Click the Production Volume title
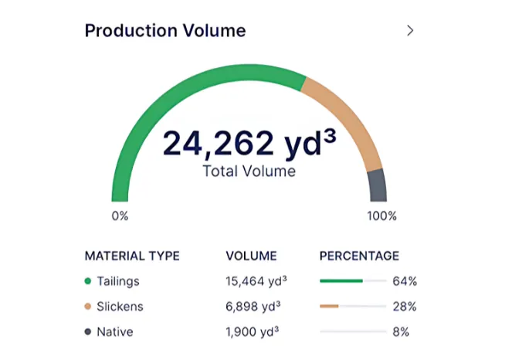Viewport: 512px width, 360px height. (x=164, y=31)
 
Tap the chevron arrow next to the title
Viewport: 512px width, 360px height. (x=410, y=31)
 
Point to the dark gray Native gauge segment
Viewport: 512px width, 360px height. (x=376, y=187)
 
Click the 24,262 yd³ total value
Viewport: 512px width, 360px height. (x=249, y=144)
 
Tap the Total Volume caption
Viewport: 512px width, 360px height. (x=249, y=172)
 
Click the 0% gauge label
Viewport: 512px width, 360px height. (x=120, y=216)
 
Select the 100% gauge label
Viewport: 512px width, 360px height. (x=381, y=216)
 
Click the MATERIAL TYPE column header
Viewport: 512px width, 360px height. (x=132, y=256)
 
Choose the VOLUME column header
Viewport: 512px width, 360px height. (x=251, y=256)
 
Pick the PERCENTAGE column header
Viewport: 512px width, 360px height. (x=359, y=256)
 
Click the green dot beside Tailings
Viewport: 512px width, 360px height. (x=88, y=281)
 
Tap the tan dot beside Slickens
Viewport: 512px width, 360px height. (x=88, y=307)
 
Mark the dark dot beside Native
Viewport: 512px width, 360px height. (x=88, y=332)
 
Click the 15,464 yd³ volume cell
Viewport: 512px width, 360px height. (x=253, y=281)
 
